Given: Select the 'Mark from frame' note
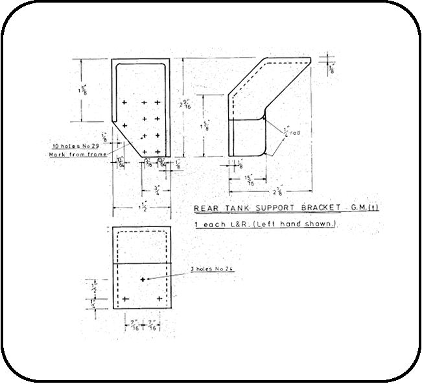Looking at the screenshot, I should click(x=73, y=154).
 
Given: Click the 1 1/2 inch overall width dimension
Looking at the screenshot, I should click(x=143, y=208).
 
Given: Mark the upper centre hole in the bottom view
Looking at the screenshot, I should click(x=143, y=279).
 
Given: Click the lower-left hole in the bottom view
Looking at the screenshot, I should click(x=125, y=299).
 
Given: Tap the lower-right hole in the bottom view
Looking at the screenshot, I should click(x=159, y=299).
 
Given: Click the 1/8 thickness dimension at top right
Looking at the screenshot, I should click(x=333, y=67).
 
